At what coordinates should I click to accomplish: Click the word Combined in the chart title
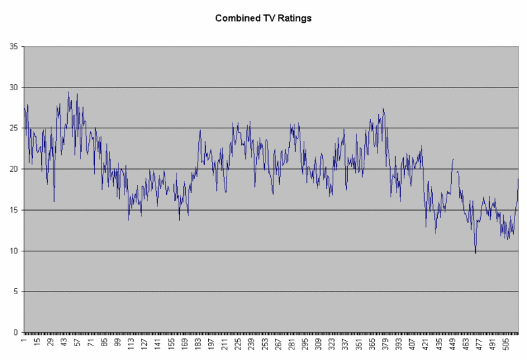[x=235, y=18]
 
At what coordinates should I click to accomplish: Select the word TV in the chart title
[x=265, y=18]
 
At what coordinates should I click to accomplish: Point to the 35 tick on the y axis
[x=13, y=47]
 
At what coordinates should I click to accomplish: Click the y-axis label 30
[x=13, y=88]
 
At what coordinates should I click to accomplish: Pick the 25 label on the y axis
[x=13, y=128]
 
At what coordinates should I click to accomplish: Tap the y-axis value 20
[x=13, y=169]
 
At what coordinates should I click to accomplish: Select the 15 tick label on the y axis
[x=13, y=210]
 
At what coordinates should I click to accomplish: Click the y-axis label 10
[x=13, y=251]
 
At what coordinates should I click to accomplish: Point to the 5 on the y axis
[x=15, y=292]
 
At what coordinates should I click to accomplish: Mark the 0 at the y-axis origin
[x=15, y=332]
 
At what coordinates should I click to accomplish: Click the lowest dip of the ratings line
[x=476, y=253]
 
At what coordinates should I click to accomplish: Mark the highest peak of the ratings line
[x=69, y=92]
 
